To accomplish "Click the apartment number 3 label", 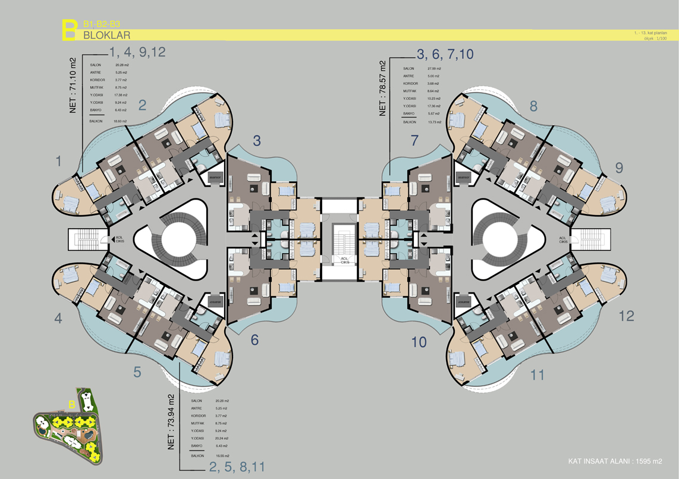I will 257,141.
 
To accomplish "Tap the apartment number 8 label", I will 533,106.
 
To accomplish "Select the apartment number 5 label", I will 137,373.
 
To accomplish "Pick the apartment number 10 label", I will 419,342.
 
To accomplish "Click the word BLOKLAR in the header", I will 107,35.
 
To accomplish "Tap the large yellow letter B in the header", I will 70,30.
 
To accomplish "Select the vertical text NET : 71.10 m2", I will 73,85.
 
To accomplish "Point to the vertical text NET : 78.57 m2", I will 383,89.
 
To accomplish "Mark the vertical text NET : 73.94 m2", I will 171,423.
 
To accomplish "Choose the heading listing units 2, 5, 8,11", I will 237,467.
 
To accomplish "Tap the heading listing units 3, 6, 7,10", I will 445,55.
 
